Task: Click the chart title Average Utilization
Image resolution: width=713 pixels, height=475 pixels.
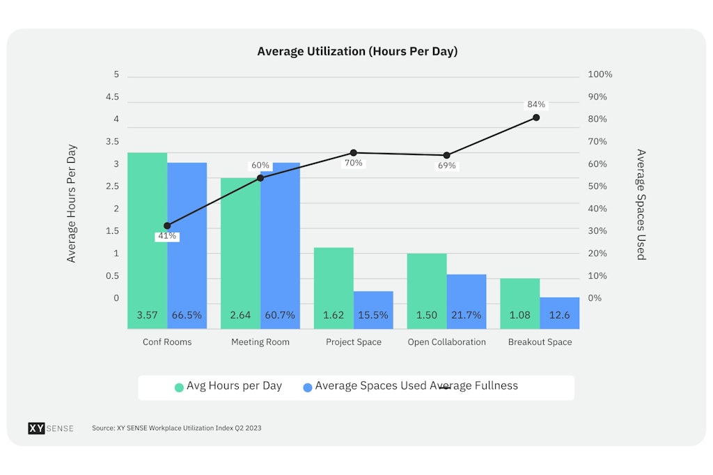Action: [357, 51]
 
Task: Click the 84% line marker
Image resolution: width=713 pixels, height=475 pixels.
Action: [536, 118]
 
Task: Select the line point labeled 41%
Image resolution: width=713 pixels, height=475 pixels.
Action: [167, 226]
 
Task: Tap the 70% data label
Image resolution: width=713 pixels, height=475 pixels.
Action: [353, 163]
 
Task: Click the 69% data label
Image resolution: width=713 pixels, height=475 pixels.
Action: [446, 166]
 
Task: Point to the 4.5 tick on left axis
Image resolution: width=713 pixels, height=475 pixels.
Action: [112, 97]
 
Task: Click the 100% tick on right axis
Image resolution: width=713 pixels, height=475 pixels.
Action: [600, 74]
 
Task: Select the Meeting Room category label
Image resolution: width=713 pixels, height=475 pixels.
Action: [260, 342]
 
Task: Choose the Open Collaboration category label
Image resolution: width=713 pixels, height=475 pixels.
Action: [446, 342]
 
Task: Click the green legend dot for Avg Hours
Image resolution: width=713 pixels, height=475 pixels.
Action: [179, 387]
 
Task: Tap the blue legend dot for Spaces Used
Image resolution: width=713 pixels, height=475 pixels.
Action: [308, 387]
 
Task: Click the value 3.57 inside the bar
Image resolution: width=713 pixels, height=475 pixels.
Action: [147, 315]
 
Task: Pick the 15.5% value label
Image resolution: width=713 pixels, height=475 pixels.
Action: [373, 315]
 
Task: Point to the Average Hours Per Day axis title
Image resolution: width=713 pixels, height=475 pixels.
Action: [72, 203]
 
